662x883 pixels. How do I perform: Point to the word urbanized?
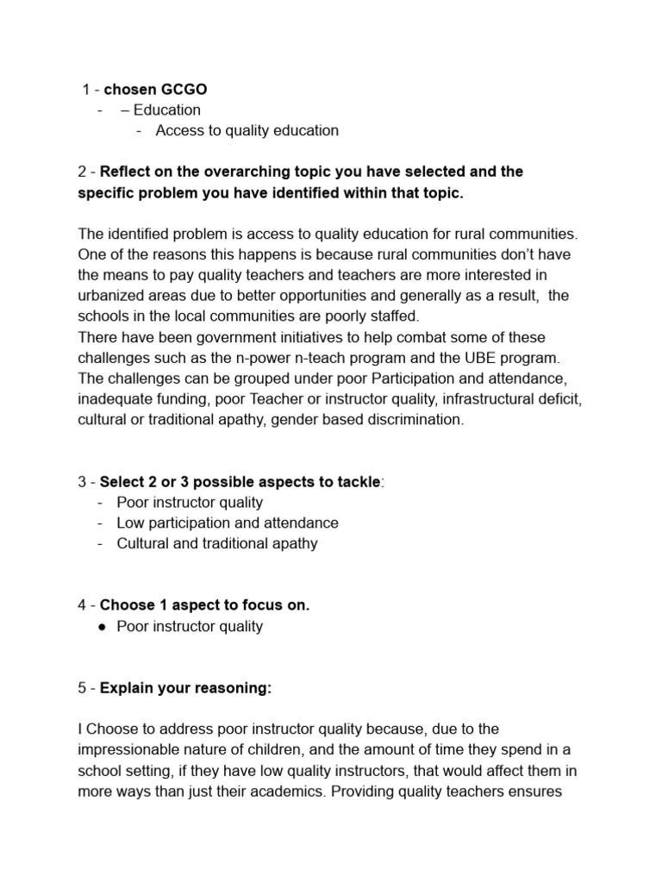coord(116,296)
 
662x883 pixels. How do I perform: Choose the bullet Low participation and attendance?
coord(228,523)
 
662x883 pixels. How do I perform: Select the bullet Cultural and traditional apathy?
coord(217,543)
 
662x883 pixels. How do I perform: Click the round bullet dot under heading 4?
coord(102,627)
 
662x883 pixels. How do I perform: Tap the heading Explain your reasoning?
coord(185,688)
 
